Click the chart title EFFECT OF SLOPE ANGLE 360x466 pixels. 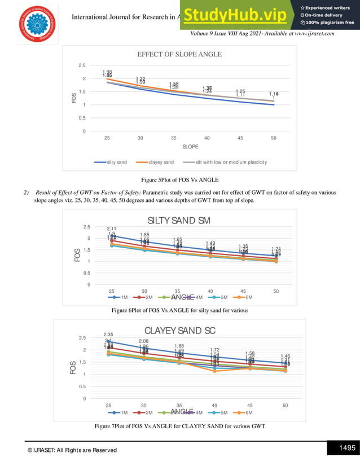[180, 55]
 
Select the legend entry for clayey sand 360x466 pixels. [161, 162]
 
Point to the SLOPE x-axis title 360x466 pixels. [190, 147]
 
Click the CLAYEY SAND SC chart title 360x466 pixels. [180, 330]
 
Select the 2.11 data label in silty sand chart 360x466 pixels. [111, 228]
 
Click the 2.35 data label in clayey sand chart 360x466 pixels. [108, 335]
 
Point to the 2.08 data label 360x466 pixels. [144, 341]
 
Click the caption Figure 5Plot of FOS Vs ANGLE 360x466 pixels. [180, 180]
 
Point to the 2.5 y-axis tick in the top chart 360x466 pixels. [82, 65]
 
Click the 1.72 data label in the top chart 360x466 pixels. [141, 79]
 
